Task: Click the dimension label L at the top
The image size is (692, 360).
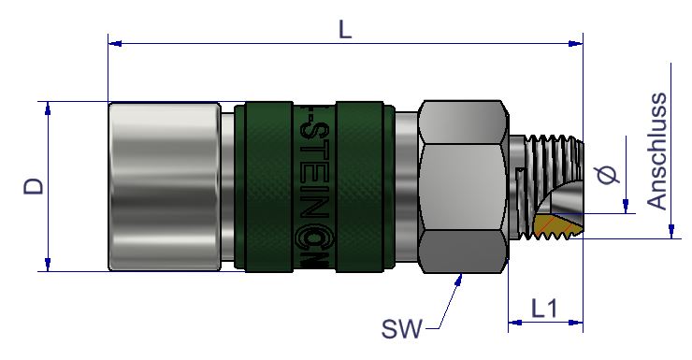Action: click(x=345, y=30)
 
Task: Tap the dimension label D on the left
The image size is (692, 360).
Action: click(x=34, y=186)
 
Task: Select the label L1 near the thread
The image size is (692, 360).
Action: click(x=544, y=309)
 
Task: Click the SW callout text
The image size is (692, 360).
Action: click(x=401, y=329)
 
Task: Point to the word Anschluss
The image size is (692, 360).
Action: click(x=657, y=151)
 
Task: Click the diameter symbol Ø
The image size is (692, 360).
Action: click(x=608, y=174)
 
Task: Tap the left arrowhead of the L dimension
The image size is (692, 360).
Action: click(x=115, y=43)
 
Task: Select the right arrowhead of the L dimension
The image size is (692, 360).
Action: click(x=575, y=43)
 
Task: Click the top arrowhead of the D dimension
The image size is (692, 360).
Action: click(x=48, y=108)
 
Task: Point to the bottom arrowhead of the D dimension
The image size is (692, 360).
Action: click(x=48, y=264)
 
